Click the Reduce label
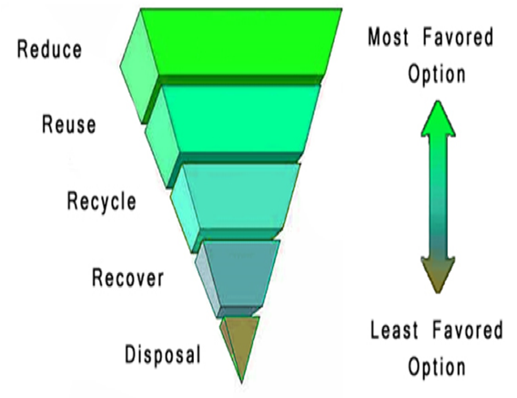tap(49, 49)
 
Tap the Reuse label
tap(69, 125)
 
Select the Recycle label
tap(102, 201)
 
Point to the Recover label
tap(128, 278)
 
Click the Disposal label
tap(163, 354)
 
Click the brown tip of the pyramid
tap(241, 343)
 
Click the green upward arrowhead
tap(438, 118)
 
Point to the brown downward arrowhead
tap(438, 275)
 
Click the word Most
tap(388, 36)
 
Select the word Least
tap(394, 330)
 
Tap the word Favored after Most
tap(459, 36)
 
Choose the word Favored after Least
tap(468, 330)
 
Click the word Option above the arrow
tap(437, 75)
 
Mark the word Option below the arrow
tap(437, 367)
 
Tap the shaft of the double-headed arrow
tap(438, 197)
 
